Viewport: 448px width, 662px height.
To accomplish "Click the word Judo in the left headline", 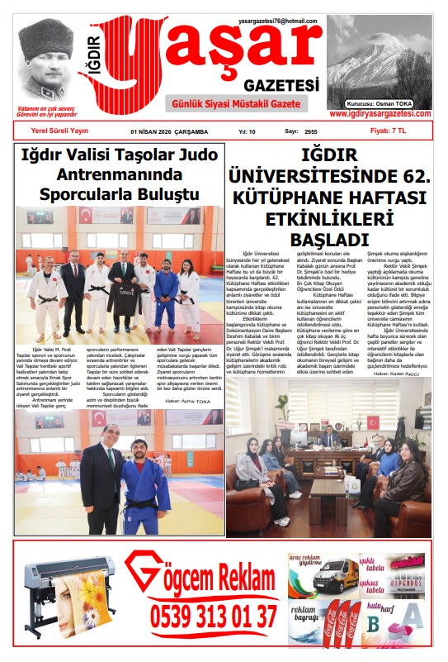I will click(x=199, y=155).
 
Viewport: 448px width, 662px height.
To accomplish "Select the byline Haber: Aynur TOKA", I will click(x=192, y=378).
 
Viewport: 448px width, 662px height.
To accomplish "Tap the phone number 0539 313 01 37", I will click(x=214, y=616).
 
